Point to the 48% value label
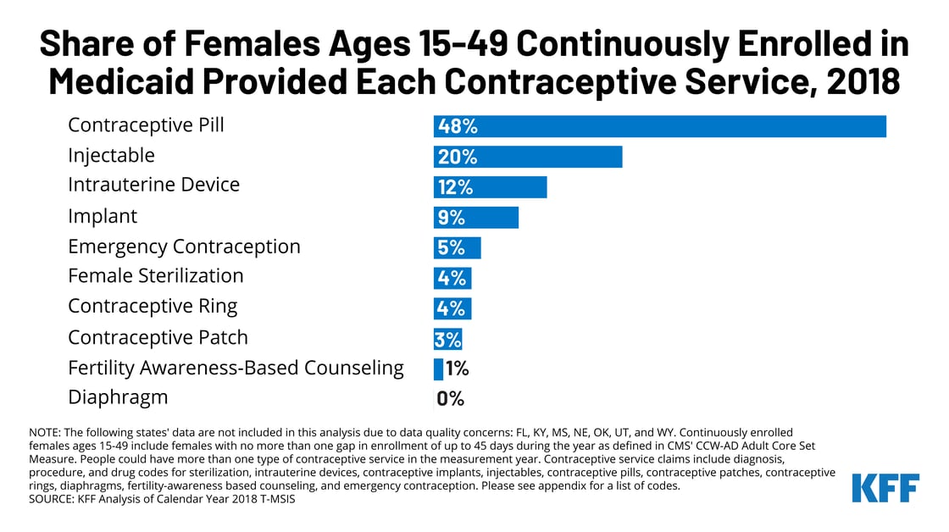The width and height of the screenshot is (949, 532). tap(458, 127)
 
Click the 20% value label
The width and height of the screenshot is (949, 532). tap(458, 157)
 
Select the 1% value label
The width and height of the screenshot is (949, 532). tap(457, 369)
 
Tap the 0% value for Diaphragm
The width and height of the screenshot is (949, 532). tap(451, 399)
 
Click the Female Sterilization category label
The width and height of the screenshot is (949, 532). tap(156, 276)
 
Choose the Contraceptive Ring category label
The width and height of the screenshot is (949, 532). tap(153, 306)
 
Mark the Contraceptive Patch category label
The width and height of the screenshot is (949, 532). tap(158, 337)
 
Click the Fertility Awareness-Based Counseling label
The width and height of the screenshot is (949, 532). tap(236, 368)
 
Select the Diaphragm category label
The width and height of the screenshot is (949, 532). tap(118, 397)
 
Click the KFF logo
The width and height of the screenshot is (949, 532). tap(885, 489)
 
